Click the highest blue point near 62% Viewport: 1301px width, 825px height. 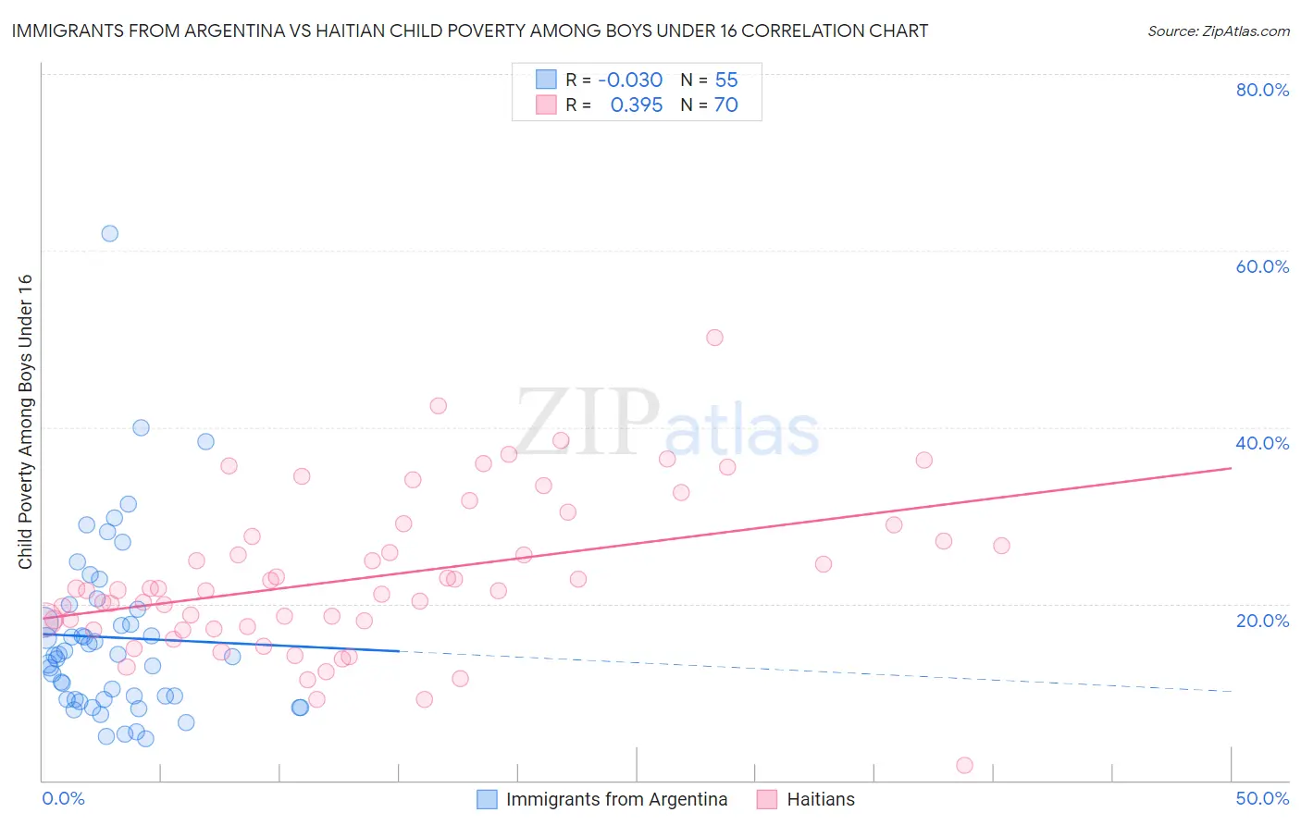[109, 233]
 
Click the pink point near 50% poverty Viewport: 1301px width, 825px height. [714, 338]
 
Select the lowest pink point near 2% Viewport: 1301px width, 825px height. [964, 765]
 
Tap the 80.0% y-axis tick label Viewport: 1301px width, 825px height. [1262, 90]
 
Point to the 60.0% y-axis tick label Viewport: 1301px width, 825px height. [1262, 266]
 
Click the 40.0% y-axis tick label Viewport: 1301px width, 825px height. [1262, 443]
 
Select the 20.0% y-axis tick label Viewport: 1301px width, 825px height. [1262, 621]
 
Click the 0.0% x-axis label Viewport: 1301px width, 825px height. [63, 798]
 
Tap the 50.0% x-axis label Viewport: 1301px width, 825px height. [1262, 798]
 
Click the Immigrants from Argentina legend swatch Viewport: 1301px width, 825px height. [487, 799]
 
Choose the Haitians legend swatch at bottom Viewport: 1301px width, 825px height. [766, 799]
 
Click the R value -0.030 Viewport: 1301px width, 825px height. [630, 80]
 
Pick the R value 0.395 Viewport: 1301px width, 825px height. [637, 105]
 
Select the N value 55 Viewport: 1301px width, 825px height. [726, 80]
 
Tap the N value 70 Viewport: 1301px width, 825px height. [726, 105]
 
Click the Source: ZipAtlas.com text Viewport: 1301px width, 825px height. [1218, 31]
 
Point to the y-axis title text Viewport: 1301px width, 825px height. [26, 422]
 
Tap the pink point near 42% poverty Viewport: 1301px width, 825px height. [439, 406]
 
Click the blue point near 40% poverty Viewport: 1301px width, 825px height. [141, 427]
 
